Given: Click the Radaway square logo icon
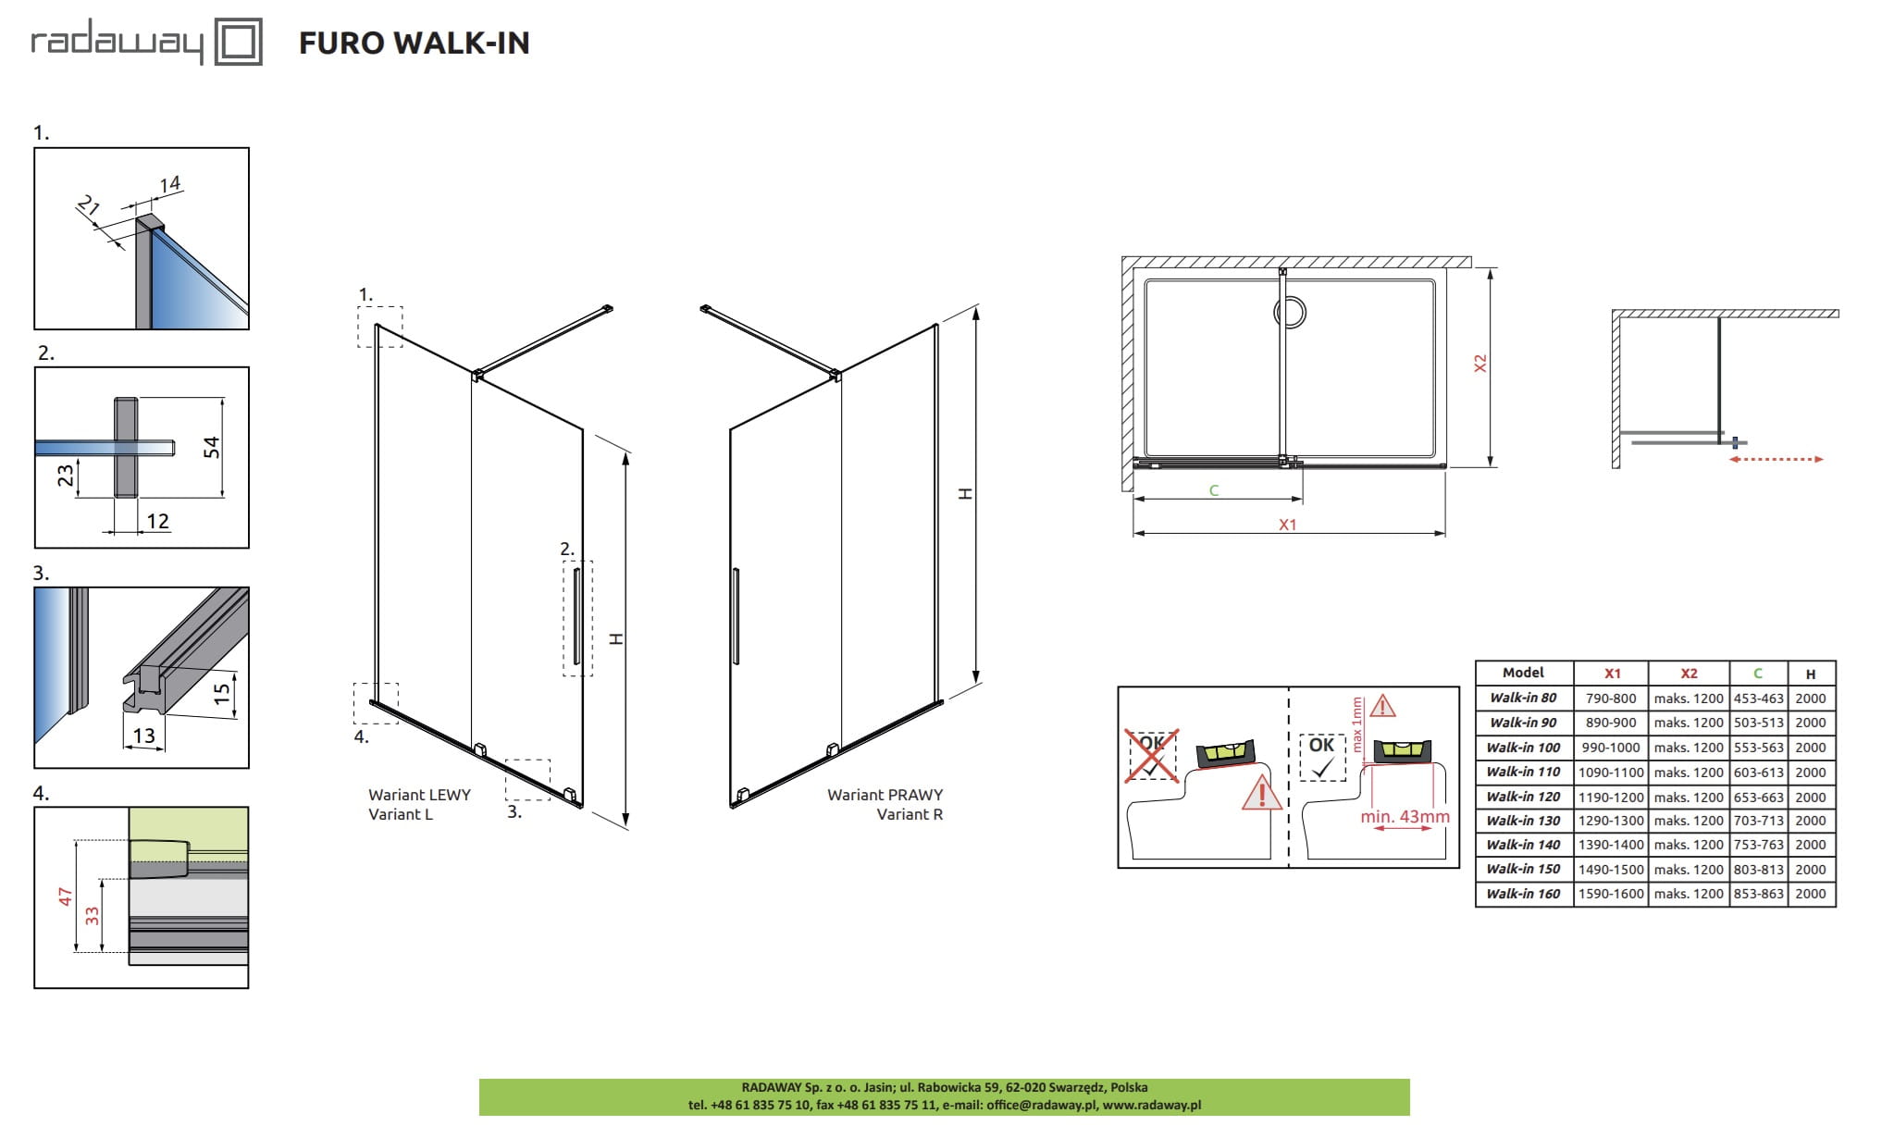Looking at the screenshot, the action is pyautogui.click(x=239, y=43).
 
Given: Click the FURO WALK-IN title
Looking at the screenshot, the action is pyautogui.click(x=414, y=43).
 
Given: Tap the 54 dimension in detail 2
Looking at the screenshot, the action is pyautogui.click(x=212, y=448).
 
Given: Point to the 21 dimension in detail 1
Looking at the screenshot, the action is pyautogui.click(x=88, y=205).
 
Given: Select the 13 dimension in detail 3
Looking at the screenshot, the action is pyautogui.click(x=144, y=736).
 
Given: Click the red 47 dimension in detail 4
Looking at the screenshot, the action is pyautogui.click(x=65, y=896).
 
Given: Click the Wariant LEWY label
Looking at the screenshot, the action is pyautogui.click(x=419, y=795).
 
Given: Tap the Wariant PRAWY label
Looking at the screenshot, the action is pyautogui.click(x=885, y=795).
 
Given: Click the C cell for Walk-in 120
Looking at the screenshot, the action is pyautogui.click(x=1758, y=797).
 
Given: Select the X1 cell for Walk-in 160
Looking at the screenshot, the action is pyautogui.click(x=1612, y=894).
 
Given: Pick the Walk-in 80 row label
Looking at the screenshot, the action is pyautogui.click(x=1523, y=699).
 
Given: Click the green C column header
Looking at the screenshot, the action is pyautogui.click(x=1758, y=674).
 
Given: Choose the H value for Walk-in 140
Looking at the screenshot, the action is pyautogui.click(x=1811, y=845).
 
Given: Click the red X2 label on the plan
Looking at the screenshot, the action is pyautogui.click(x=1479, y=363).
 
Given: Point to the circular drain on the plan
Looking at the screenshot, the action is pyautogui.click(x=1291, y=312).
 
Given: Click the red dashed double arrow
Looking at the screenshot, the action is pyautogui.click(x=1776, y=459).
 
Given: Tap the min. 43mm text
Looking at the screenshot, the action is pyautogui.click(x=1405, y=817).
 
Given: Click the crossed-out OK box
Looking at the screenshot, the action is pyautogui.click(x=1151, y=755).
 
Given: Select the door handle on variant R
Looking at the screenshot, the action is pyautogui.click(x=736, y=615).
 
